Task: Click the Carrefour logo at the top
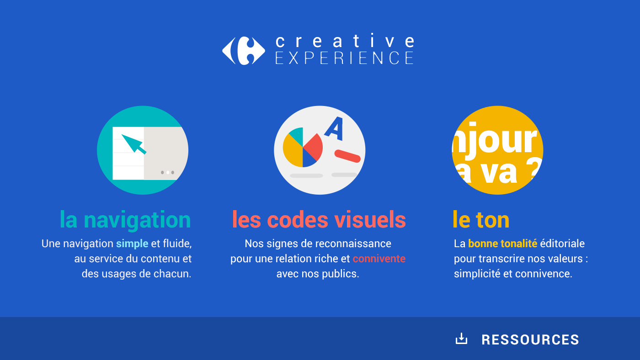[x=243, y=51]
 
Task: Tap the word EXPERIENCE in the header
[x=345, y=58]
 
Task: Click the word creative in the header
[x=345, y=41]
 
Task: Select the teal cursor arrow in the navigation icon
[x=133, y=144]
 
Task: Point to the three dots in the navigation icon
[x=167, y=172]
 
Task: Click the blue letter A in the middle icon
[x=334, y=128]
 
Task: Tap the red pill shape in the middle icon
[x=347, y=156]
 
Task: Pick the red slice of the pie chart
[x=314, y=147]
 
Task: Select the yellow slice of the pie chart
[x=293, y=151]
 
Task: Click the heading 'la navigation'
[x=125, y=220]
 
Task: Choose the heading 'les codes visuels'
[x=319, y=220]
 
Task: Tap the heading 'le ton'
[x=481, y=220]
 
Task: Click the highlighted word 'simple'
[x=132, y=244]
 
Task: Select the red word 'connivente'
[x=379, y=259]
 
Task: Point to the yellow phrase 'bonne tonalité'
[x=502, y=244]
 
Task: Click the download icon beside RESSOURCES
[x=461, y=339]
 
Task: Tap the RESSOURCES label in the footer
[x=530, y=340]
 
